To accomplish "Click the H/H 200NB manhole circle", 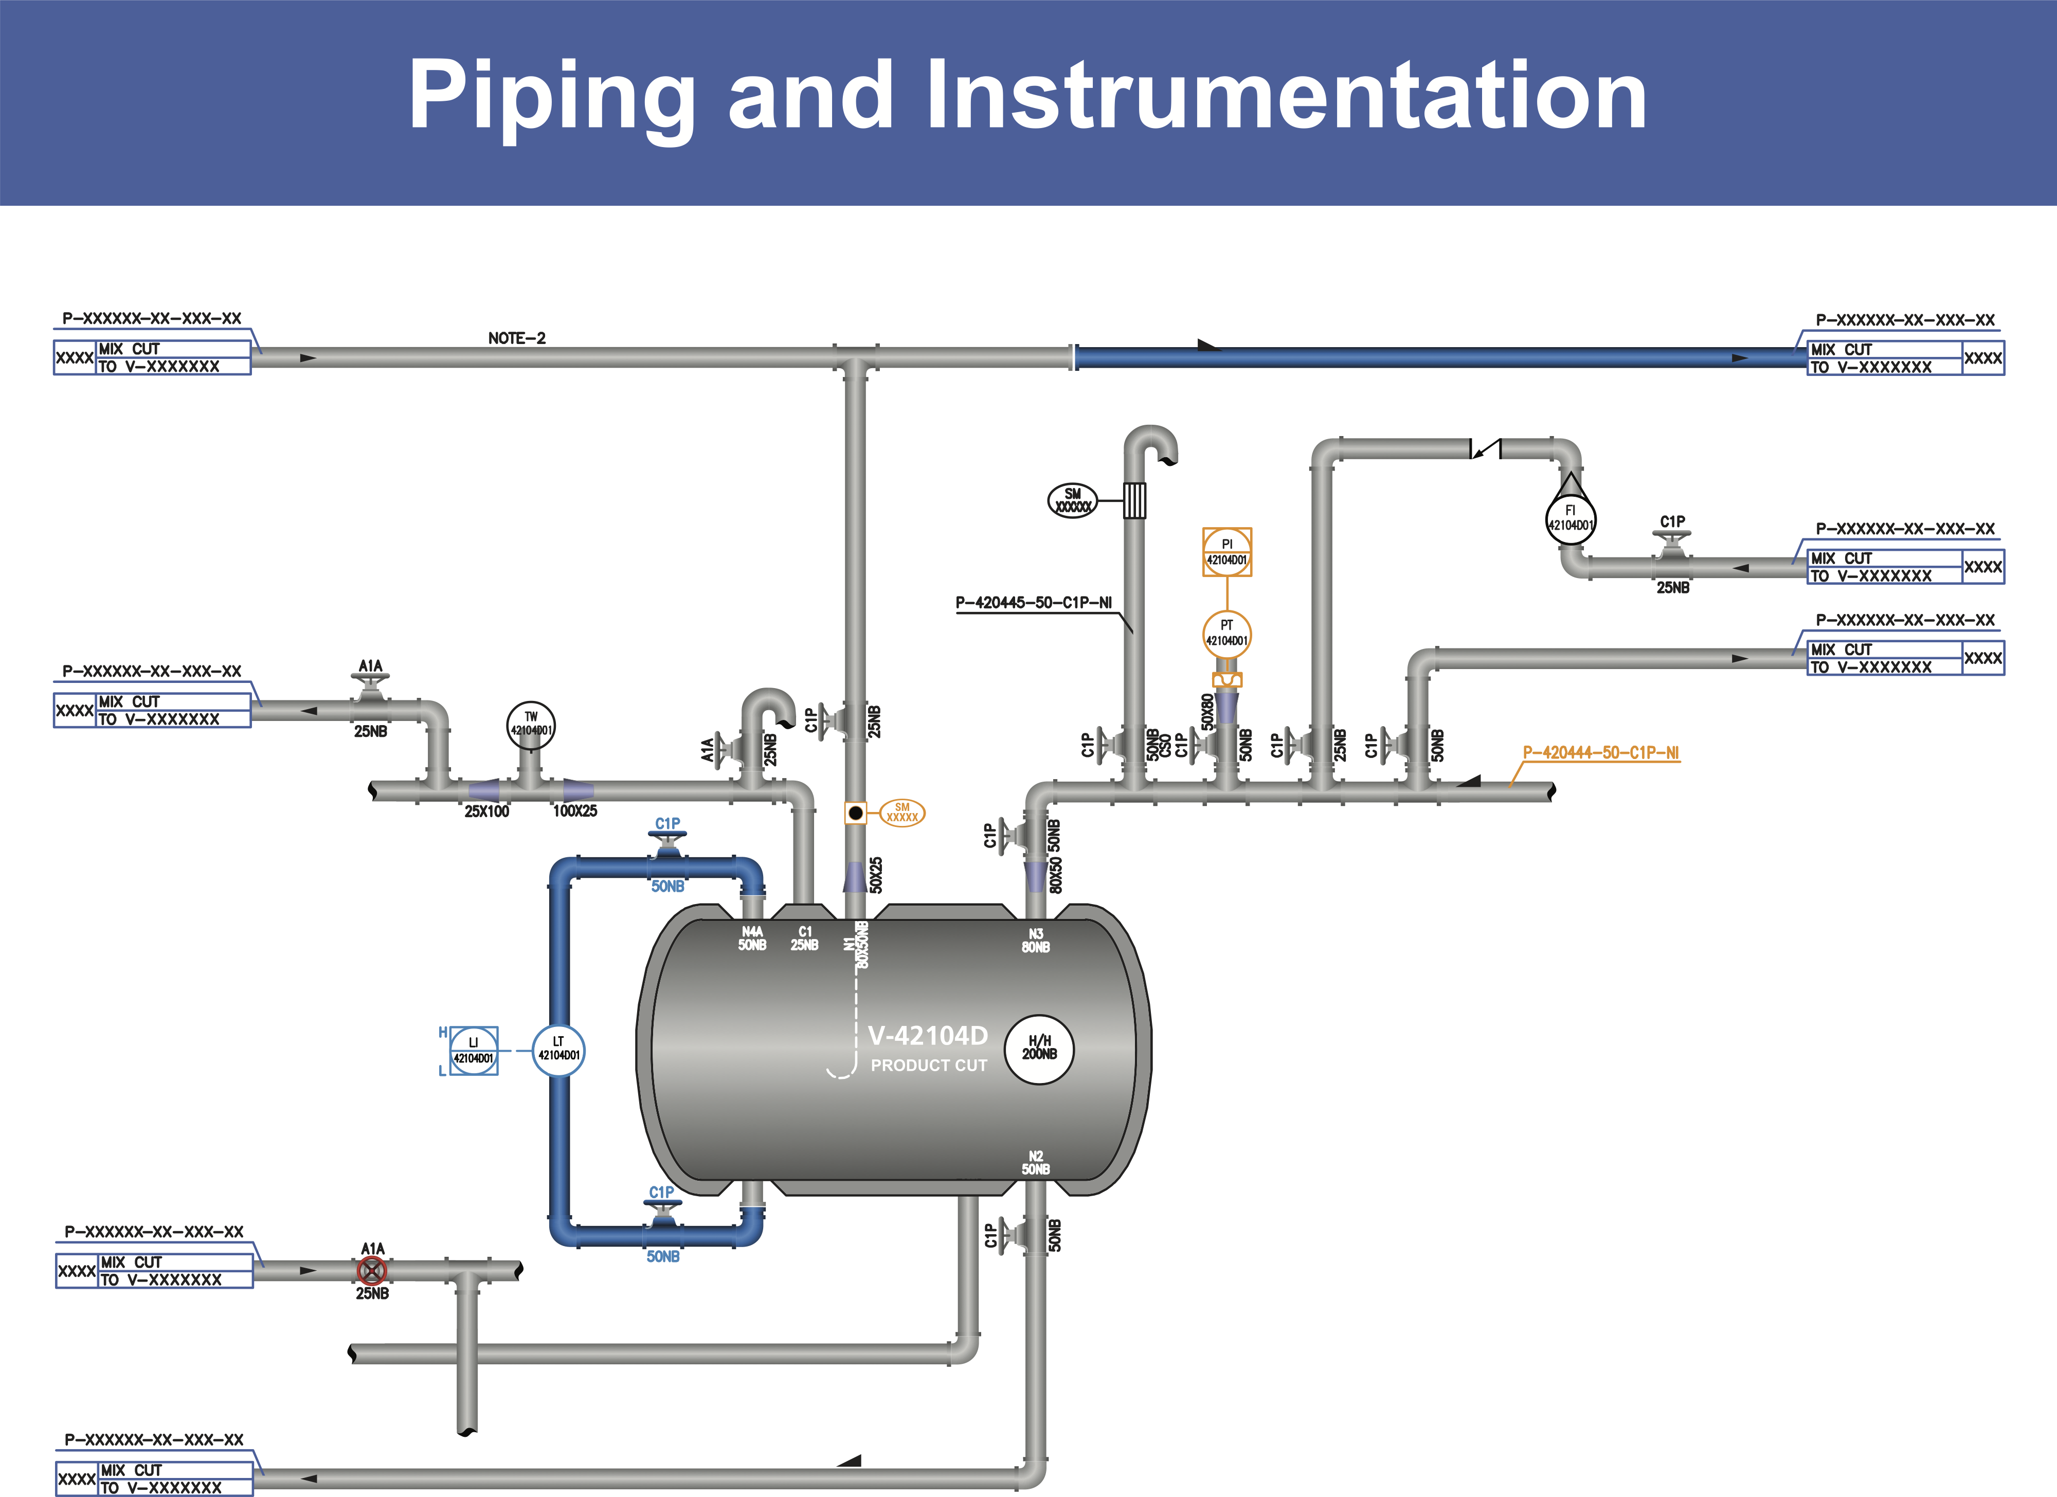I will [x=1039, y=1048].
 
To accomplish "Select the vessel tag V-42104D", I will [x=927, y=1036].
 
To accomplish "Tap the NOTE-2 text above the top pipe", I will [x=516, y=338].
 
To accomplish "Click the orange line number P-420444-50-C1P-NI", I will [x=1601, y=752].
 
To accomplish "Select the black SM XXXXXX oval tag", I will [x=1072, y=500].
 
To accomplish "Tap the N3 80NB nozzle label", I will [x=1036, y=940].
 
